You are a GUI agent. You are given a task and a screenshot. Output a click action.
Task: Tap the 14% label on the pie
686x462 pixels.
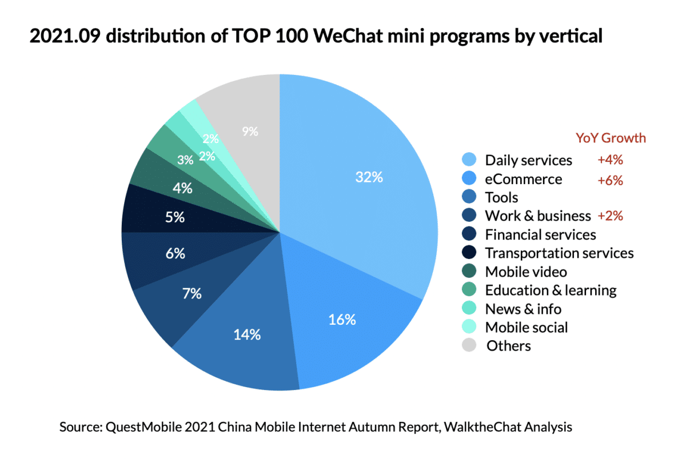[x=247, y=334]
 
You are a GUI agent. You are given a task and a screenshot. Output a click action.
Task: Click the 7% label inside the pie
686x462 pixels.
[x=192, y=294]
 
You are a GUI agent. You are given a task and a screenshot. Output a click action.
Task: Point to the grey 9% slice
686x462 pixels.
[x=249, y=131]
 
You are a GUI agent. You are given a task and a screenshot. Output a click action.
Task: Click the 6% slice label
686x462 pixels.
[x=176, y=254]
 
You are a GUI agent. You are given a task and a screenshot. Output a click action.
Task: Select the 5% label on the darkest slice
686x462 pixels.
[x=175, y=217]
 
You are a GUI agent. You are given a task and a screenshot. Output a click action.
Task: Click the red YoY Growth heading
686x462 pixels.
[x=611, y=138]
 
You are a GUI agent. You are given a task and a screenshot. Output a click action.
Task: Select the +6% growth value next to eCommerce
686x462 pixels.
[x=609, y=180]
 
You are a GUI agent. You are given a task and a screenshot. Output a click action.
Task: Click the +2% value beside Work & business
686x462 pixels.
[x=609, y=216]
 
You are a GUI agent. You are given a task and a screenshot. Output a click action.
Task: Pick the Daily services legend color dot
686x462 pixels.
[x=469, y=160]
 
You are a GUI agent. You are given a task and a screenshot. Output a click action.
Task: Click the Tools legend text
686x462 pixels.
[x=501, y=198]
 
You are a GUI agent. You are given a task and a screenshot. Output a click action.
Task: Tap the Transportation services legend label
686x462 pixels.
[x=559, y=253]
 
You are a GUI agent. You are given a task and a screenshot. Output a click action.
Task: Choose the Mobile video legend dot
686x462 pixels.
[x=469, y=272]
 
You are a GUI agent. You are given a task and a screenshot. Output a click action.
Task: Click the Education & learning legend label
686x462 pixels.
[x=551, y=290]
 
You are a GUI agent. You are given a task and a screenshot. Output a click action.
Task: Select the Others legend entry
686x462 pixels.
[x=508, y=346]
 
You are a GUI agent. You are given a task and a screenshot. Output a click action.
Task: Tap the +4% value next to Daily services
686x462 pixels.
[x=609, y=161]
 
